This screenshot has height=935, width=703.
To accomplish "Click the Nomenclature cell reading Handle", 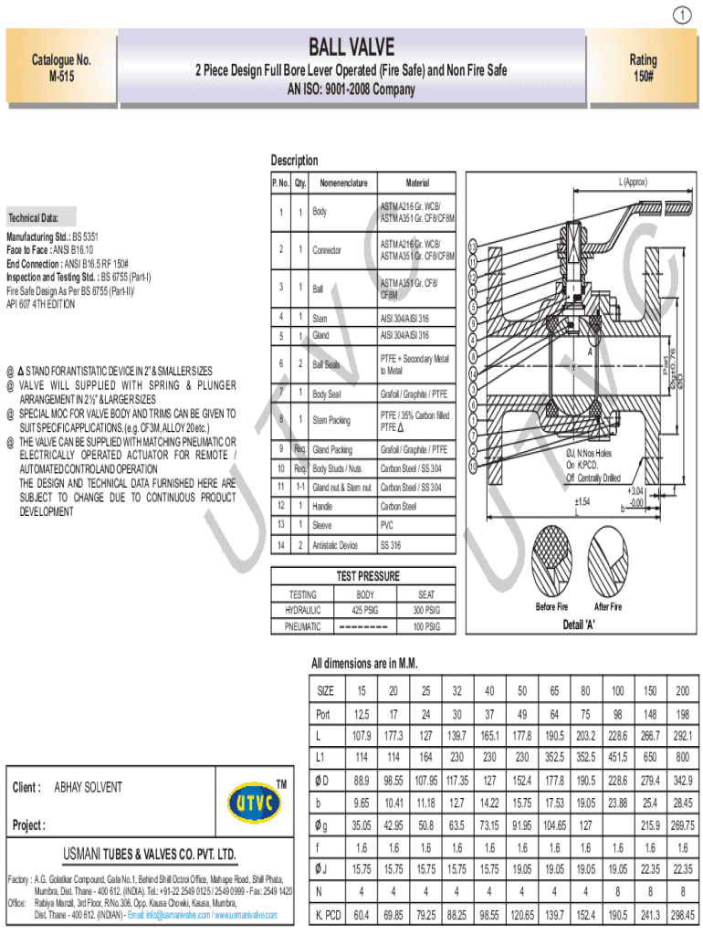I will click(x=323, y=506).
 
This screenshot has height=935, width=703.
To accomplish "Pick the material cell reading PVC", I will click(x=387, y=526).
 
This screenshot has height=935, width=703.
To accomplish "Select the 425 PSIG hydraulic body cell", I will click(x=365, y=608).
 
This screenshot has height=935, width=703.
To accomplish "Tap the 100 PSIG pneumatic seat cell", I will click(x=426, y=627).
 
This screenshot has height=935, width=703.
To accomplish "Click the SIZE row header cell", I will click(x=326, y=690).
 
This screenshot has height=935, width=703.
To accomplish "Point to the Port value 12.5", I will click(x=362, y=714).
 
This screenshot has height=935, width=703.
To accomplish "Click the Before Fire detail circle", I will click(x=551, y=562).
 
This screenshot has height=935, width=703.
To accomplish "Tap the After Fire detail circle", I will click(x=609, y=562).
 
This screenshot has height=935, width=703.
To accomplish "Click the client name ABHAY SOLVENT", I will click(x=89, y=787).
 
